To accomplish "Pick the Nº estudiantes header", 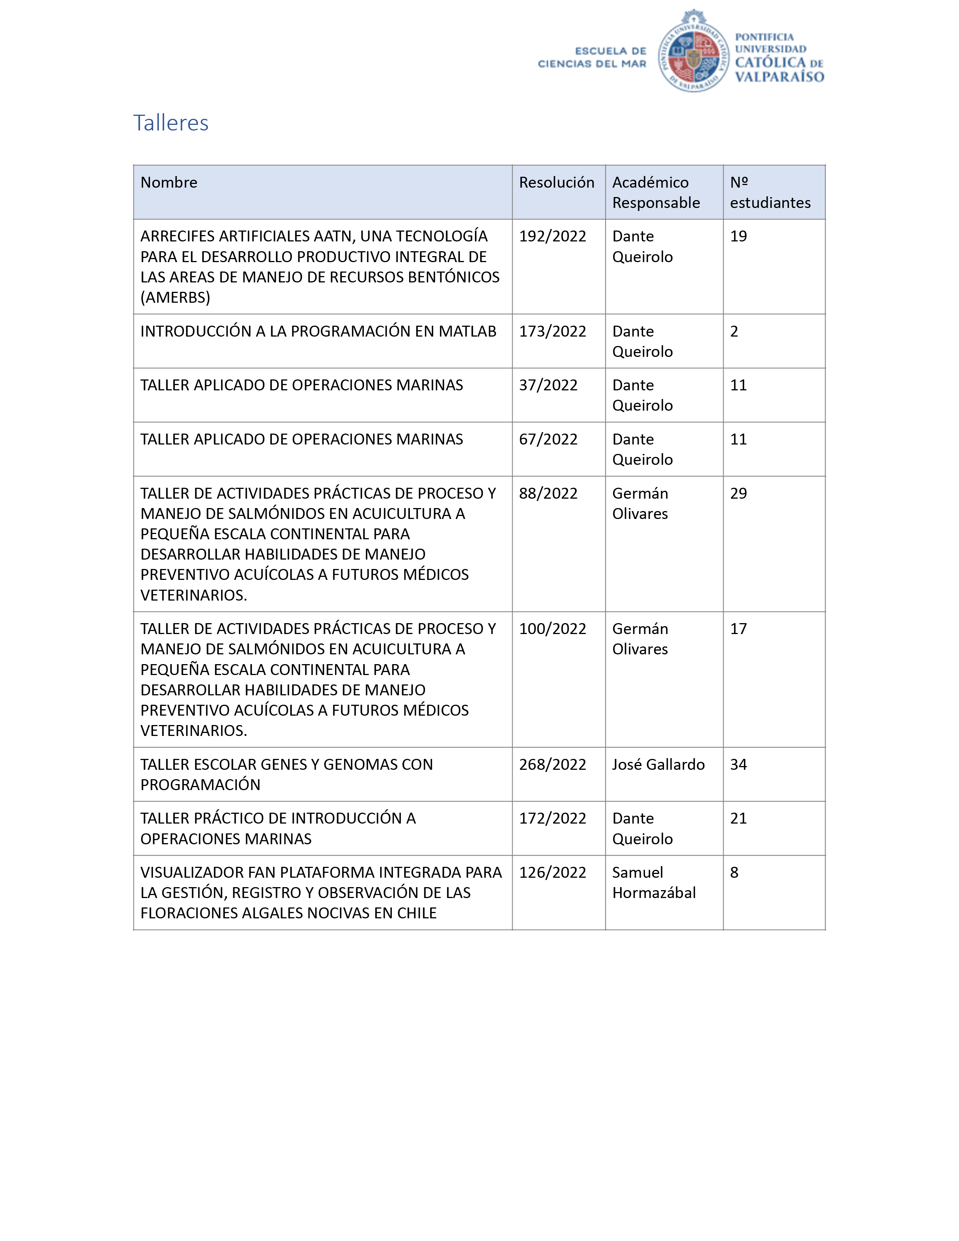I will (x=770, y=193).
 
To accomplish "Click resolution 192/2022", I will (x=552, y=237).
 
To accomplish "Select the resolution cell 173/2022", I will (x=552, y=331).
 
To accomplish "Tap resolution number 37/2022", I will (x=548, y=385).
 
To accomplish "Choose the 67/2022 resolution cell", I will (x=548, y=439).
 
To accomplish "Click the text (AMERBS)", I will (x=175, y=297).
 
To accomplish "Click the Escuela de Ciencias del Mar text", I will (x=592, y=58).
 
